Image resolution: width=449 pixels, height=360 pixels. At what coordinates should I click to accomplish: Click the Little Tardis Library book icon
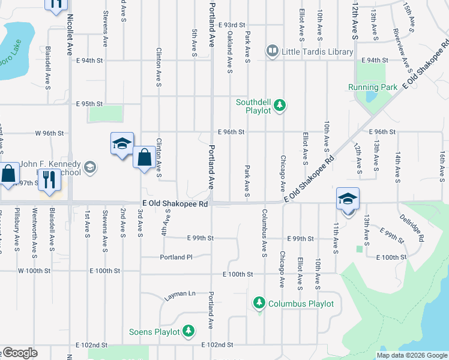point(273,52)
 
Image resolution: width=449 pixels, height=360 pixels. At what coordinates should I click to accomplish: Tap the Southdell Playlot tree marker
point(279,106)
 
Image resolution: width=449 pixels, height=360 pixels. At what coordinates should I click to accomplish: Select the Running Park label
point(372,87)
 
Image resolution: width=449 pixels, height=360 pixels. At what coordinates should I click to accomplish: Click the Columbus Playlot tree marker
point(259,304)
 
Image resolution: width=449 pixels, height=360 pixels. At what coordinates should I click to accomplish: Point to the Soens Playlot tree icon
point(188,331)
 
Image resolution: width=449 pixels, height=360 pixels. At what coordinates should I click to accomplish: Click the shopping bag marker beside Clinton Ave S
point(144,158)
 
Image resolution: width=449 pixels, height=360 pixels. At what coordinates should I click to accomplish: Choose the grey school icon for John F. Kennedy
point(90,166)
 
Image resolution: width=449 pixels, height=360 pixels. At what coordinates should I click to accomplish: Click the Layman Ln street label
point(180,294)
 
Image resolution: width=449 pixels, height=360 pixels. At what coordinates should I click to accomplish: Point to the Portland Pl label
point(176,257)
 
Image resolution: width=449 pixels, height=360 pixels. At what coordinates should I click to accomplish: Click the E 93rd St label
point(232,25)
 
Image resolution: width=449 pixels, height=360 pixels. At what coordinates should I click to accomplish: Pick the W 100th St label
point(34,271)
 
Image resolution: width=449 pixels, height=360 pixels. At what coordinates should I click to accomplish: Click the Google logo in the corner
point(19,353)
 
